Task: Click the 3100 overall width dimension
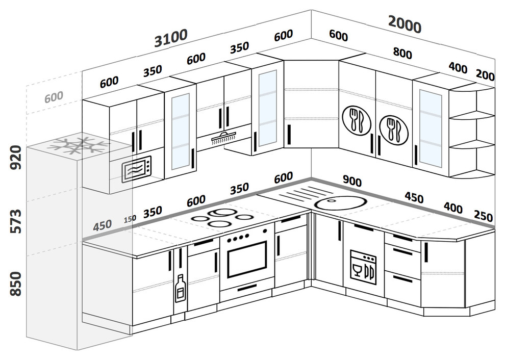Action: [x=171, y=38]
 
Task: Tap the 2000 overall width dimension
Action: [x=405, y=24]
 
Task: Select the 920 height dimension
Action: [x=16, y=158]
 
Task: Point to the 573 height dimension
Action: [x=16, y=221]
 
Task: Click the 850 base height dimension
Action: [x=16, y=284]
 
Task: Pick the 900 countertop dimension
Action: [x=352, y=181]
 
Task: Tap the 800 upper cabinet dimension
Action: [x=402, y=53]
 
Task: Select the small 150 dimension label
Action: [x=130, y=219]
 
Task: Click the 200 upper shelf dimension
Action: [x=485, y=75]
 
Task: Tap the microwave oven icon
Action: [x=137, y=169]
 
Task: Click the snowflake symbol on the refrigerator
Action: [x=78, y=145]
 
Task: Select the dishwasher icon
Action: [x=363, y=267]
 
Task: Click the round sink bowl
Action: [x=341, y=203]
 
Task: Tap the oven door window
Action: [x=247, y=259]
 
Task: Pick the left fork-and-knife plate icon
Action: [x=357, y=120]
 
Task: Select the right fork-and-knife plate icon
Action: [x=394, y=130]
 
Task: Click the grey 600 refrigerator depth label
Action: [x=54, y=97]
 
